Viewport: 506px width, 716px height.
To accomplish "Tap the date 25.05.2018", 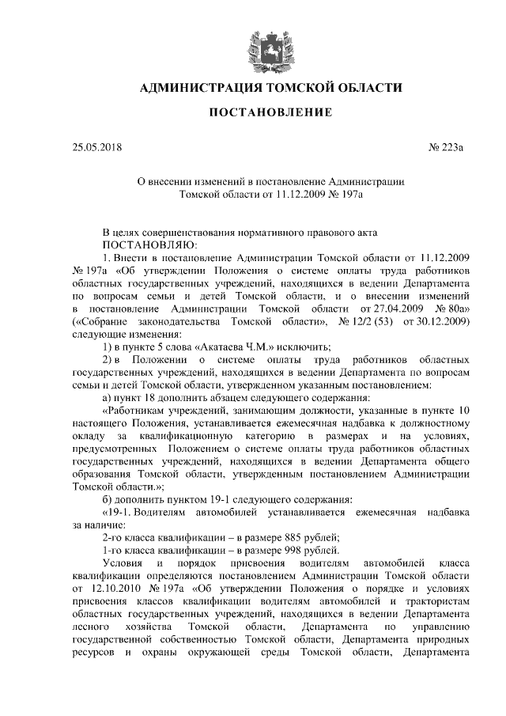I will pos(97,147).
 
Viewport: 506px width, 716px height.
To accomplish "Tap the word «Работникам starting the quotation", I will pos(140,411).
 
